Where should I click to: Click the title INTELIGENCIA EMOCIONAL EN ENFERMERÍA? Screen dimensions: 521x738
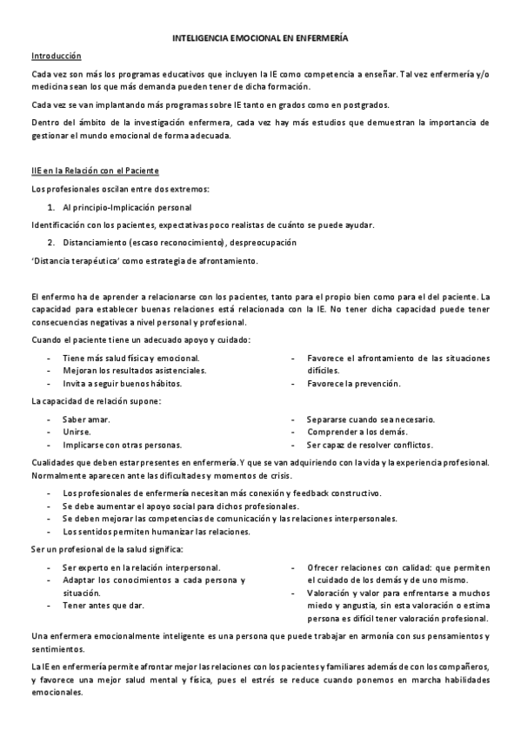point(260,39)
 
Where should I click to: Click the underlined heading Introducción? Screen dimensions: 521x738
point(57,57)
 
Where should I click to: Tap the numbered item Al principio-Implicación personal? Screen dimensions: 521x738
point(127,207)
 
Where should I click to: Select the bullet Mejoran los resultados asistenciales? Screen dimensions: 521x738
point(135,371)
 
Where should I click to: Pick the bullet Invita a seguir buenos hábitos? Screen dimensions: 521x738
point(123,384)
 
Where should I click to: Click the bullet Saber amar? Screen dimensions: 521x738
point(87,419)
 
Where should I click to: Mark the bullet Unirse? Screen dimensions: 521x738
point(77,432)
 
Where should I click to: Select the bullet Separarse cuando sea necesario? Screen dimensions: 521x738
point(371,419)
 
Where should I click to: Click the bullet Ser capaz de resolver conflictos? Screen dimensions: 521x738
point(370,445)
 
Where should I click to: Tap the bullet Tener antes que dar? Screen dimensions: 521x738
point(104,605)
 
